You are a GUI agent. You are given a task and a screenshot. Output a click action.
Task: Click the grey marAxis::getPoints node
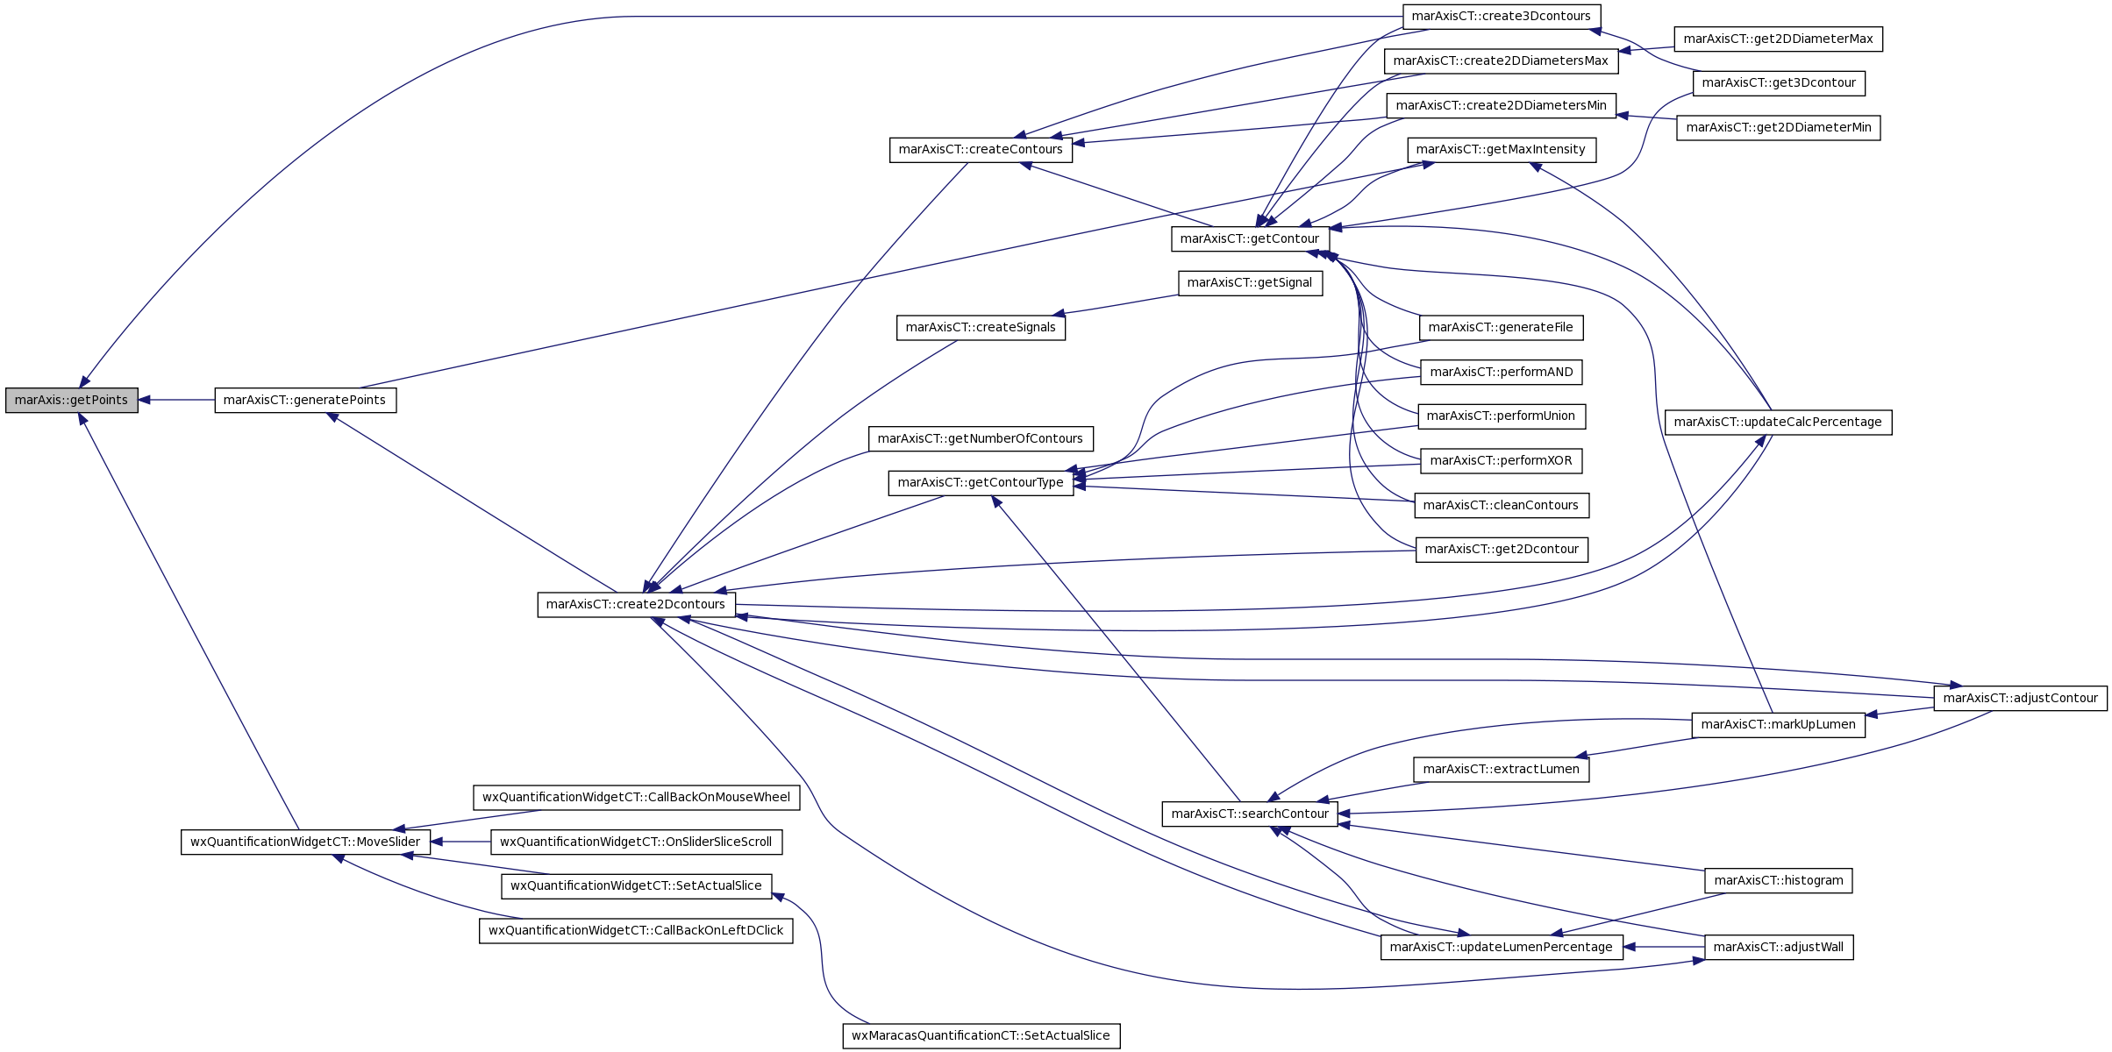pyautogui.click(x=72, y=400)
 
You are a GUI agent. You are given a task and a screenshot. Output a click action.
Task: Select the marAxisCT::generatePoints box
pyautogui.click(x=305, y=400)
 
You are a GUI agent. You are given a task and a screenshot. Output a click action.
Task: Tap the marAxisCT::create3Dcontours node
pyautogui.click(x=1502, y=17)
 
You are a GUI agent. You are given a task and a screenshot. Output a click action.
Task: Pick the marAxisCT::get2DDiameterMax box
pyautogui.click(x=1779, y=39)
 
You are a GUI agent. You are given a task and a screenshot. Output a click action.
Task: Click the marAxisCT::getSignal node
pyautogui.click(x=1250, y=282)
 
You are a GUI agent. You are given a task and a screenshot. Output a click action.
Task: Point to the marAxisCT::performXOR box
pyautogui.click(x=1501, y=460)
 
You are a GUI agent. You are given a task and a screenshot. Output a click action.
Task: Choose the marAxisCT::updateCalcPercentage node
pyautogui.click(x=1779, y=422)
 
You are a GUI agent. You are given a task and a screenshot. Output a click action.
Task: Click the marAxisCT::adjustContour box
pyautogui.click(x=2021, y=698)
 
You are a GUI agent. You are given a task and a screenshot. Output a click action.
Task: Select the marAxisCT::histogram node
pyautogui.click(x=1779, y=880)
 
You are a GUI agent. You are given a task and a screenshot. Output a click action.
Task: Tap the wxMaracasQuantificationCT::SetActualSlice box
pyautogui.click(x=981, y=1035)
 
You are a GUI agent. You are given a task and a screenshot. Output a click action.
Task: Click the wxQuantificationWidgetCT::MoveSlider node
pyautogui.click(x=305, y=842)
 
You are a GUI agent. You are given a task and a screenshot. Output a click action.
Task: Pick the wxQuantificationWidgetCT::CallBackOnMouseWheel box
pyautogui.click(x=636, y=797)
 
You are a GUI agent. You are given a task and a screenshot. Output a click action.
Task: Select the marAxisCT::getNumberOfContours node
pyautogui.click(x=981, y=438)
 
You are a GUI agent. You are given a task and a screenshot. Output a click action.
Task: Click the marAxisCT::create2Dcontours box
pyautogui.click(x=636, y=604)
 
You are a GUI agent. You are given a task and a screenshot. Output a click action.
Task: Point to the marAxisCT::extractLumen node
pyautogui.click(x=1501, y=769)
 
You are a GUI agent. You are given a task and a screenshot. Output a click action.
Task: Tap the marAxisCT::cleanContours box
pyautogui.click(x=1501, y=505)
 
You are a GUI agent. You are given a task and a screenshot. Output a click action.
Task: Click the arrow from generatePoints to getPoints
pyautogui.click(x=176, y=400)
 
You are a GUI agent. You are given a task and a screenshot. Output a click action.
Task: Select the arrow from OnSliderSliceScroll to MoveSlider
pyautogui.click(x=460, y=842)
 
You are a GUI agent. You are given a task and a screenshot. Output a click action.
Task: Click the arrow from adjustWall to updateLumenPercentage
pyautogui.click(x=1664, y=947)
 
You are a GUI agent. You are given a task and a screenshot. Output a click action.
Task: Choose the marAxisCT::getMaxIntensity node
pyautogui.click(x=1501, y=149)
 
